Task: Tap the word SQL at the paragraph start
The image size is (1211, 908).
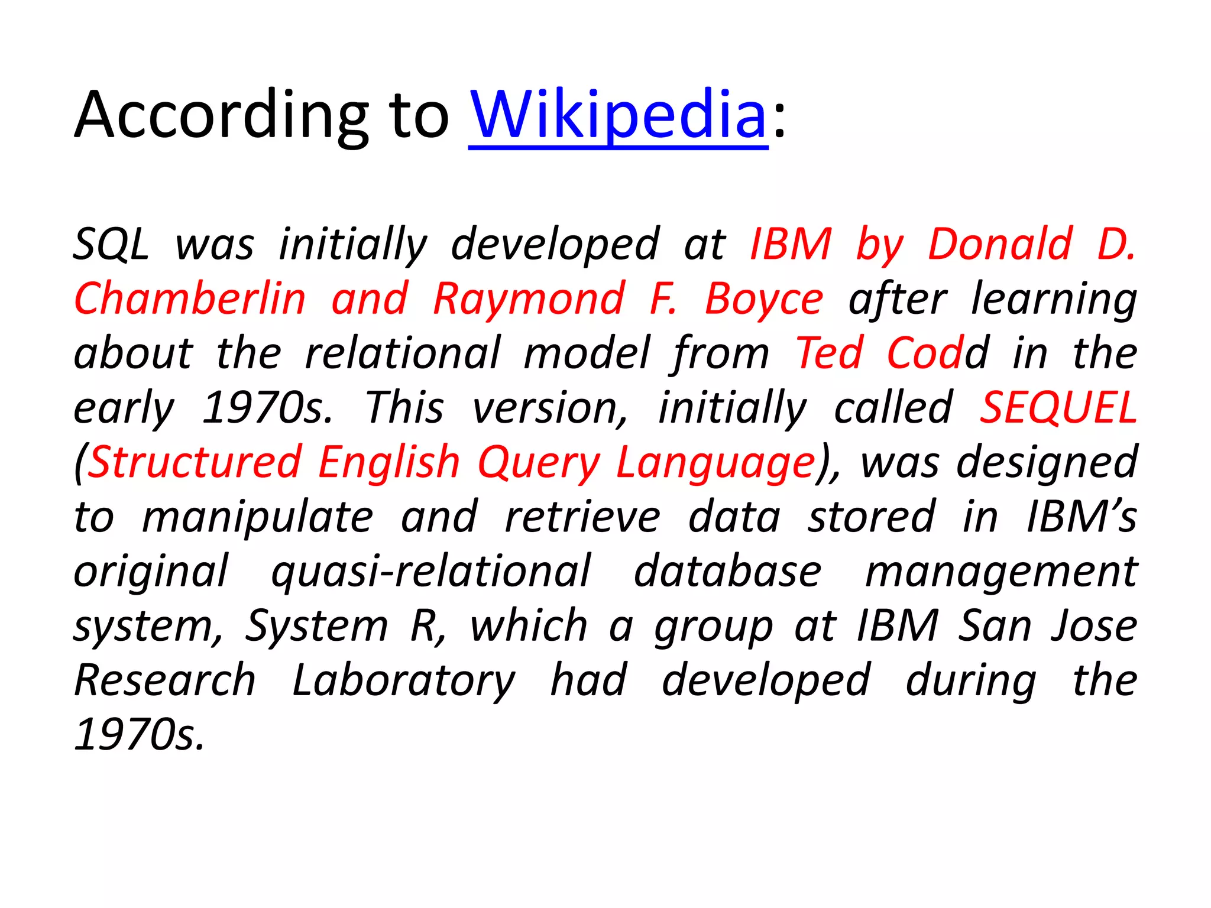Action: click(111, 244)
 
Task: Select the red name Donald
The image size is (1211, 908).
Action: click(1000, 244)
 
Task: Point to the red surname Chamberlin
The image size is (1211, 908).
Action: click(190, 299)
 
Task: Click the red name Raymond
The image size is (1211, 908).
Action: click(529, 299)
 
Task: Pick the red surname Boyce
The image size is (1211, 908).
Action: click(764, 299)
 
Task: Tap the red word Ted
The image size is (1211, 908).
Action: click(829, 353)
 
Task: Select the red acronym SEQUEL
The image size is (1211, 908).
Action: click(1058, 407)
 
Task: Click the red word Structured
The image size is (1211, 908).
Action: click(195, 462)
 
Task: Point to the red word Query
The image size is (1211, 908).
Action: click(539, 462)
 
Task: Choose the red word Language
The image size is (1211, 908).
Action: click(715, 462)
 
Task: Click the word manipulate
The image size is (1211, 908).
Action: click(258, 517)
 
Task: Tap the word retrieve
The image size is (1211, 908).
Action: click(582, 517)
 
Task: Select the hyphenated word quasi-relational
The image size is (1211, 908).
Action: click(430, 571)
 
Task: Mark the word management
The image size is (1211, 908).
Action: click(1001, 571)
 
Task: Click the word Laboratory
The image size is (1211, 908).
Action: click(404, 680)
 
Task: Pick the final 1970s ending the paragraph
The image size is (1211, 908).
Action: click(140, 735)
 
